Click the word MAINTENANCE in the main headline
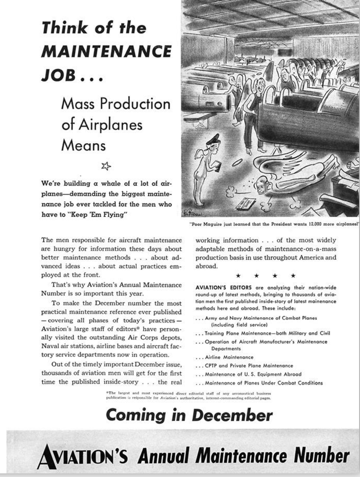tap(107, 51)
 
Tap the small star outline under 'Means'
tap(105, 165)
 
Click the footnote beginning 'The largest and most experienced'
tap(187, 395)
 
